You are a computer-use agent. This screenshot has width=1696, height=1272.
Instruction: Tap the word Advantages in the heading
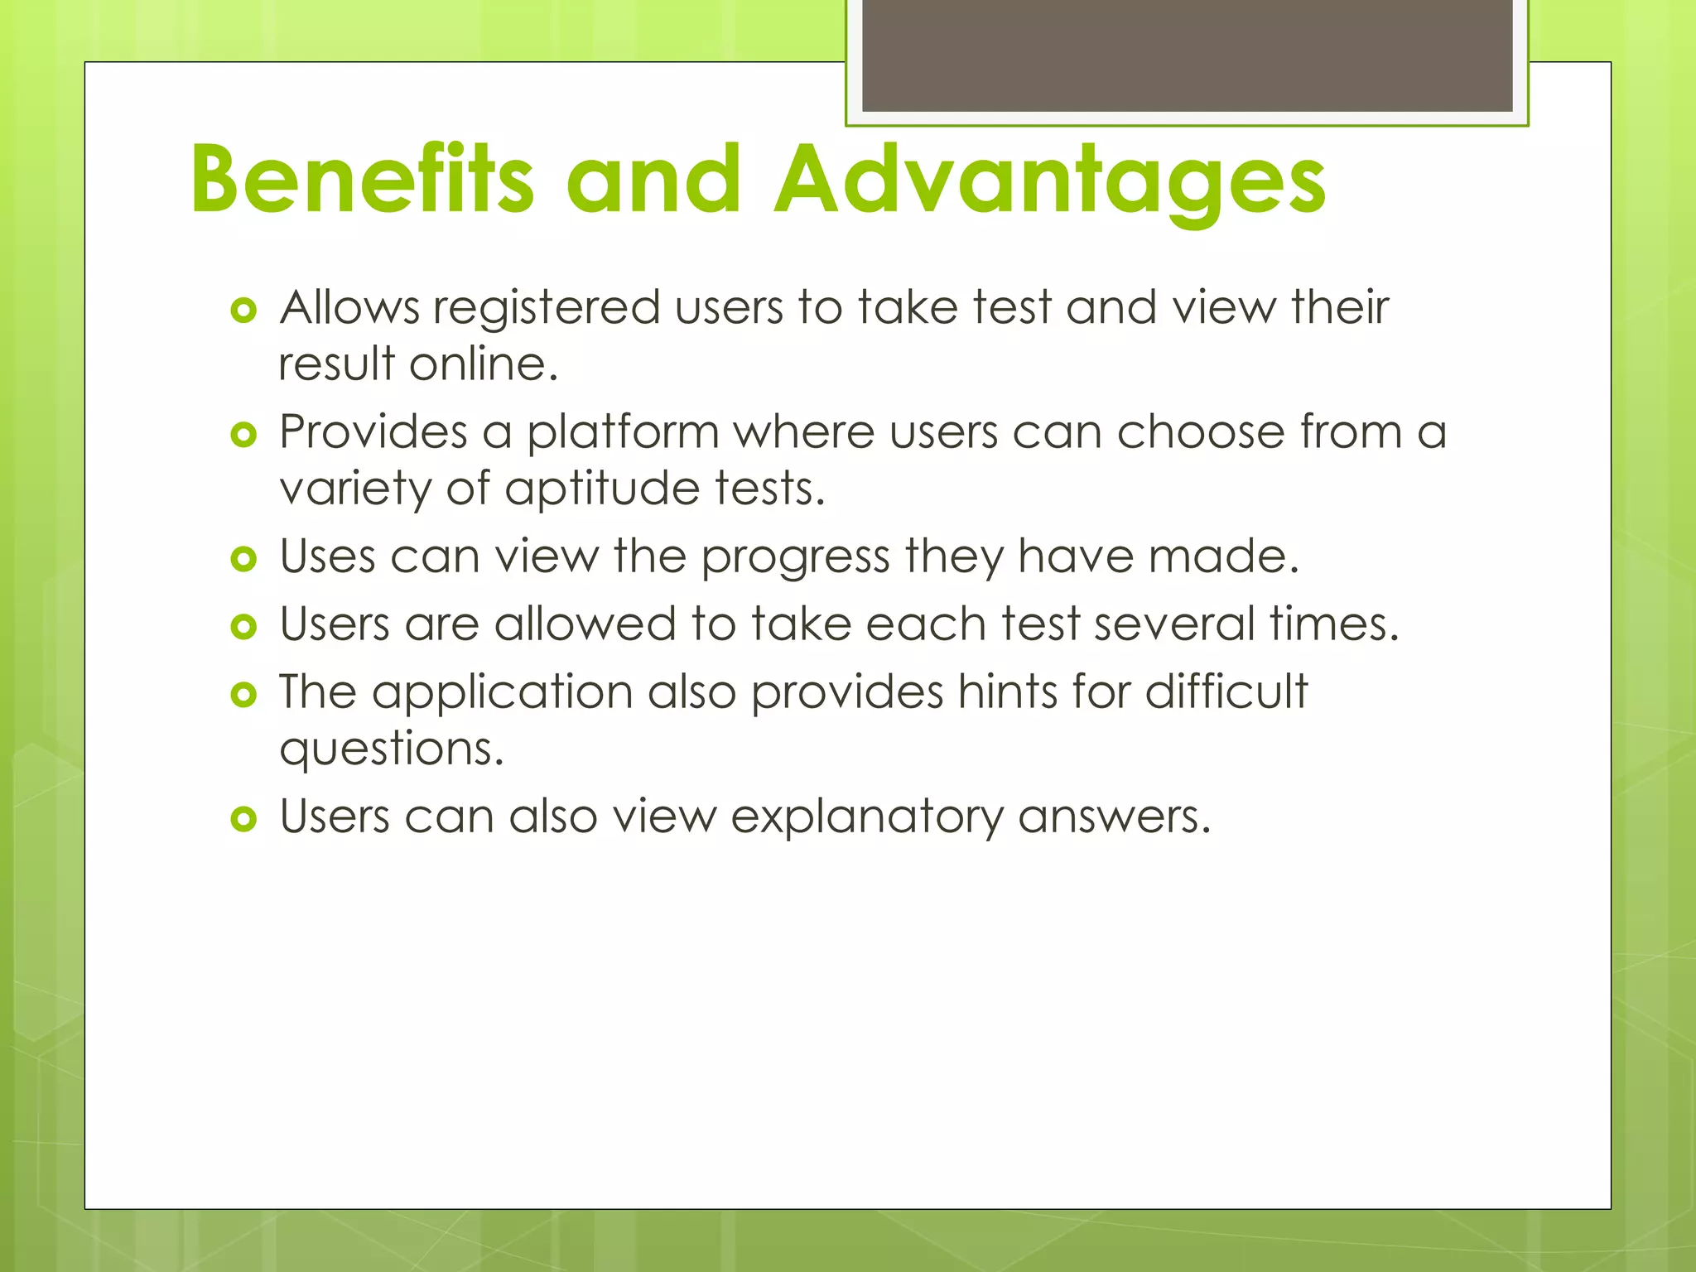click(x=1049, y=181)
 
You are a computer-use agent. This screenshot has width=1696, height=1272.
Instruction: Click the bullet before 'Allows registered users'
click(x=243, y=311)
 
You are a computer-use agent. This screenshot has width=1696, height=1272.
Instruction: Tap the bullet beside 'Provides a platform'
click(x=243, y=435)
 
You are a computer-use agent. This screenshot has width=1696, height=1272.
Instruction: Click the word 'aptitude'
click(x=602, y=489)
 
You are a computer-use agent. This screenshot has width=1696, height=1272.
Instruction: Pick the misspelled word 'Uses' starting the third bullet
click(x=327, y=556)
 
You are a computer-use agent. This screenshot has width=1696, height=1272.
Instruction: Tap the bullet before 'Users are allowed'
click(x=243, y=627)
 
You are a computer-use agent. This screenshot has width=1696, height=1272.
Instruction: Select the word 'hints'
click(x=1007, y=691)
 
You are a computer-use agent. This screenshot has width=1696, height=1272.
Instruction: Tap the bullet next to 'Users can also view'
click(x=243, y=819)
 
